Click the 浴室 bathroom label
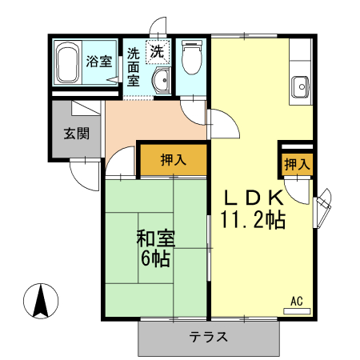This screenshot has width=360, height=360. click(99, 62)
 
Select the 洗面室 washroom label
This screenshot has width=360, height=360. click(134, 67)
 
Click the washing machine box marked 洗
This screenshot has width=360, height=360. click(158, 51)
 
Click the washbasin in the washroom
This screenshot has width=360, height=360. click(161, 80)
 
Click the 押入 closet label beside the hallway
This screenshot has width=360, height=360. click(173, 160)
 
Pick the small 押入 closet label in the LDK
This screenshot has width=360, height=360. click(296, 164)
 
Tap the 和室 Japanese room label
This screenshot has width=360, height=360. click(155, 239)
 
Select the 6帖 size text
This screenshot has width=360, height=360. click(155, 258)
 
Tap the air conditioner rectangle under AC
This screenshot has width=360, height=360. click(296, 310)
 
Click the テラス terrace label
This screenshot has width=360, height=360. click(209, 337)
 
